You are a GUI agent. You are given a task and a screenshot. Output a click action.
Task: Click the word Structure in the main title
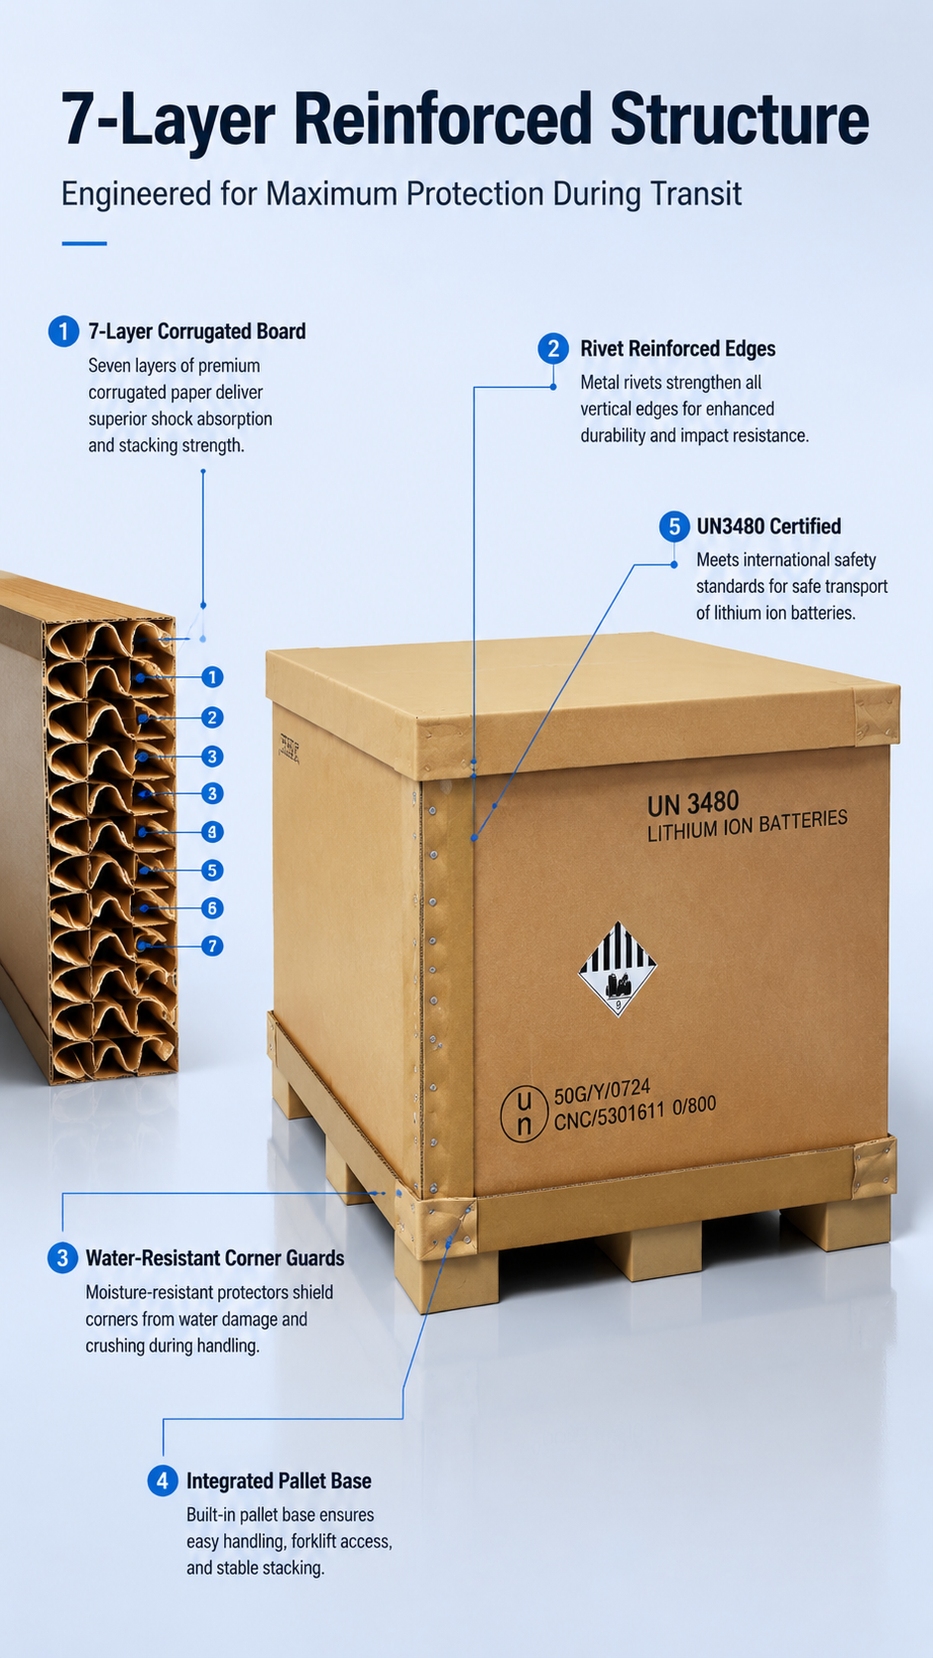(739, 118)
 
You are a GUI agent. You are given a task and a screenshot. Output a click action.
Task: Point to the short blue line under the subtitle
(84, 243)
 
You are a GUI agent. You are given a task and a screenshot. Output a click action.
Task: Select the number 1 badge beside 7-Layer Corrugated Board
(64, 332)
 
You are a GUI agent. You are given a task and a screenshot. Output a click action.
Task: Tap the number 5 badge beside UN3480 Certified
(674, 526)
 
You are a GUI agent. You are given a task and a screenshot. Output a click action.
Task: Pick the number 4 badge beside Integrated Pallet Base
(163, 1481)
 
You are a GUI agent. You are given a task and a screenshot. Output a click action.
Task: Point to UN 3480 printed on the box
(693, 803)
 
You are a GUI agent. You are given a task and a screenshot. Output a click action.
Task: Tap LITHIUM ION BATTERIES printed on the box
(747, 826)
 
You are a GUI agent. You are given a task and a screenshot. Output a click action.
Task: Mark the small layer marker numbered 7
(212, 946)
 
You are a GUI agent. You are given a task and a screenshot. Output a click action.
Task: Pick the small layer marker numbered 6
(212, 908)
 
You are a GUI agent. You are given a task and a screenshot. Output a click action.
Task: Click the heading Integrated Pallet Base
(279, 1481)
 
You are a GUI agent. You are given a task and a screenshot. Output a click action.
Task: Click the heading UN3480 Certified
(769, 526)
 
